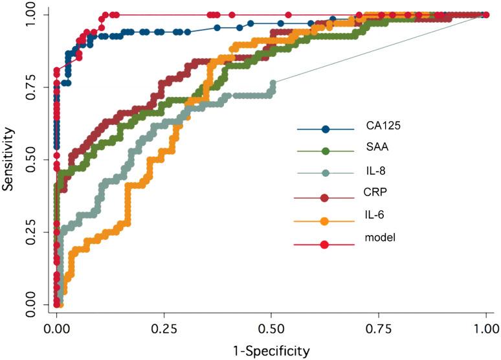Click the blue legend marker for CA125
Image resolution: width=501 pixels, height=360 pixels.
326,129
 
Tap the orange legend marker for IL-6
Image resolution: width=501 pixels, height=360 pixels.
326,221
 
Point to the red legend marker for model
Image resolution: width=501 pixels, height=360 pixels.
326,244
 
